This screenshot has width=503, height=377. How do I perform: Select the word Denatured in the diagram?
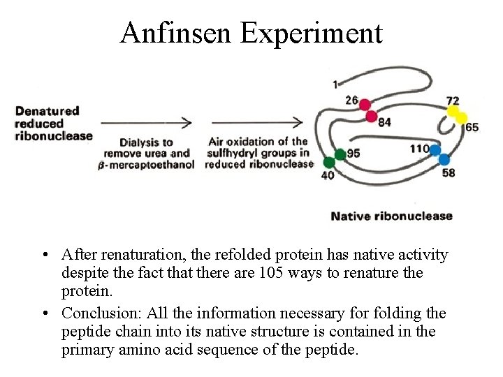click(x=48, y=110)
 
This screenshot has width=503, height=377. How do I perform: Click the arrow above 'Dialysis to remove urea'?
click(x=146, y=122)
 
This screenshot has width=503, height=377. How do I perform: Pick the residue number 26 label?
click(x=351, y=100)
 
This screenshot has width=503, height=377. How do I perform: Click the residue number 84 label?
click(x=384, y=123)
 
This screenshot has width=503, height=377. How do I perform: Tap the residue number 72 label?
click(x=453, y=101)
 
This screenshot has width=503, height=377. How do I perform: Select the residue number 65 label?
click(x=472, y=127)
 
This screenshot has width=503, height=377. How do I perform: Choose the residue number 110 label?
click(x=418, y=148)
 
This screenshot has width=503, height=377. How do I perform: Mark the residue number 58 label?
click(x=449, y=172)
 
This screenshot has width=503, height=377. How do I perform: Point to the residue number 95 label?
click(x=353, y=153)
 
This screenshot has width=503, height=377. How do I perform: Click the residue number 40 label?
click(x=327, y=176)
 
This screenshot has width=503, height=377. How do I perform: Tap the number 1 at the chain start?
click(x=335, y=85)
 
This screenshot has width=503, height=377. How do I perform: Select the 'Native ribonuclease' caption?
click(x=391, y=216)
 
